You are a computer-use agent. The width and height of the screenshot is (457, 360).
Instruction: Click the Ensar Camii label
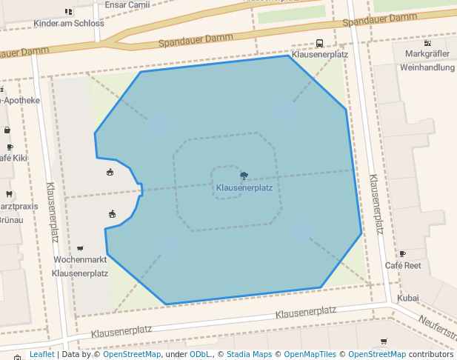[127, 4]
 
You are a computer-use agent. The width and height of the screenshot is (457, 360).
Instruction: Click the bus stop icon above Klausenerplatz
[319, 44]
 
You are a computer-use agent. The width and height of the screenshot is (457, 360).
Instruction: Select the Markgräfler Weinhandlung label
[427, 61]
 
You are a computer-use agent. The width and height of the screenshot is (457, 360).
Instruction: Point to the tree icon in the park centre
[244, 176]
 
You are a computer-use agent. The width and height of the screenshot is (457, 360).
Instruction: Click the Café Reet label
[403, 265]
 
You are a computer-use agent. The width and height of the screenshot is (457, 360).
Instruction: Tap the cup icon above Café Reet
[402, 254]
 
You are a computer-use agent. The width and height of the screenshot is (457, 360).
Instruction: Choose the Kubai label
[408, 298]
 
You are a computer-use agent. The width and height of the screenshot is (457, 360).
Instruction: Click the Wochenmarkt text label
[80, 260]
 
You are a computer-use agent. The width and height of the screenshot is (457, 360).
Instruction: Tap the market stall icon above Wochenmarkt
[80, 248]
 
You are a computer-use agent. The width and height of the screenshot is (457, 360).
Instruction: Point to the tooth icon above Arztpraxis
[9, 195]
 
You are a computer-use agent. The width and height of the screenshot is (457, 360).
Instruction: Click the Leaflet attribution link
[41, 354]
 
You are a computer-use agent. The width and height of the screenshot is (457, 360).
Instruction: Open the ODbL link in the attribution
[201, 354]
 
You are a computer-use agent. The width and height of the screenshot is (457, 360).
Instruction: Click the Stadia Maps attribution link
[249, 354]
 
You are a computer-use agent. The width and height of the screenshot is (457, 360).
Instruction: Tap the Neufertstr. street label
[437, 328]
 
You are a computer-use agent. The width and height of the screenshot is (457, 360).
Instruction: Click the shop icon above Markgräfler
[427, 42]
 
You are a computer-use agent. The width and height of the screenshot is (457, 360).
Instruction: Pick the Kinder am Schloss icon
[69, 12]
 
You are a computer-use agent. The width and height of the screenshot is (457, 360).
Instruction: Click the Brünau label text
[10, 219]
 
